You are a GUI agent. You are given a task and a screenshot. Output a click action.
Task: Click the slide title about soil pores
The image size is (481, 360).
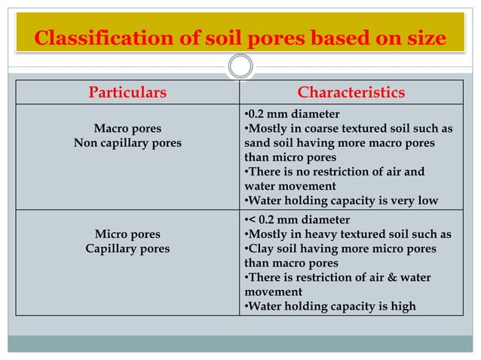pyautogui.click(x=240, y=38)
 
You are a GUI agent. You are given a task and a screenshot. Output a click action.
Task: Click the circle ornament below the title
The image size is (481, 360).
pyautogui.click(x=240, y=66)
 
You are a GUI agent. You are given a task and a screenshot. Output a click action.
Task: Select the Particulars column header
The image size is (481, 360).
pyautogui.click(x=127, y=93)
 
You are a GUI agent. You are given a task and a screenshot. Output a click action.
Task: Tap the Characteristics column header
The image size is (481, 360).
pyautogui.click(x=351, y=93)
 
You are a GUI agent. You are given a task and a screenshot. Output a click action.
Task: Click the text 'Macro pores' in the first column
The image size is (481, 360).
pyautogui.click(x=127, y=129)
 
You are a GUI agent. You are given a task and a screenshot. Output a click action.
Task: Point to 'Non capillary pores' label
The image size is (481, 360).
pyautogui.click(x=127, y=143)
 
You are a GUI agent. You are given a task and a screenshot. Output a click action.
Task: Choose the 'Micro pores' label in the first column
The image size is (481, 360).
pyautogui.click(x=127, y=234)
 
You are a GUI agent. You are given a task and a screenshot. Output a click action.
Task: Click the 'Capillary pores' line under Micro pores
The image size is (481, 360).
pyautogui.click(x=127, y=249)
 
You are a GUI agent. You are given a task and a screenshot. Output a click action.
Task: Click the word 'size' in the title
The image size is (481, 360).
pyautogui.click(x=424, y=38)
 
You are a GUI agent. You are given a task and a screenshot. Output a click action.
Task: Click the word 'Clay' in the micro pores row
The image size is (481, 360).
pyautogui.click(x=261, y=249)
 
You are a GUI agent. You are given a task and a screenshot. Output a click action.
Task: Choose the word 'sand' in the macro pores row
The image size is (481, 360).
pyautogui.click(x=258, y=143)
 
